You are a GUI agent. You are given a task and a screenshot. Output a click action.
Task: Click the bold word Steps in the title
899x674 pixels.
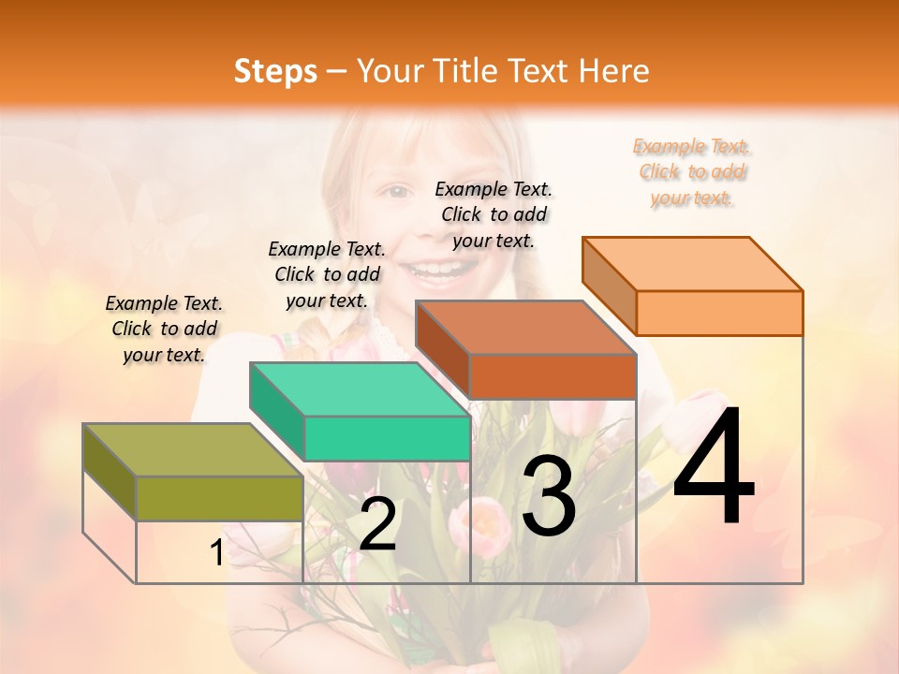click(275, 72)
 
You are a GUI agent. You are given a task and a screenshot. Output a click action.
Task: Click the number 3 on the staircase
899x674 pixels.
click(548, 495)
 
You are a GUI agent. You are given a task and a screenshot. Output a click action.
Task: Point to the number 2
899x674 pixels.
click(377, 524)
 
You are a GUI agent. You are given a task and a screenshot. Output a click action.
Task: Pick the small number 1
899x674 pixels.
click(216, 553)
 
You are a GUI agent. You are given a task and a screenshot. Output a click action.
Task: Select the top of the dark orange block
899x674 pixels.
click(524, 328)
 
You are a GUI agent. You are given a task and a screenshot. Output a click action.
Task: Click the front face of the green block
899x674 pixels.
click(387, 438)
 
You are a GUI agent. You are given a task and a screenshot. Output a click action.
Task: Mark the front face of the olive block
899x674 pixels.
click(219, 498)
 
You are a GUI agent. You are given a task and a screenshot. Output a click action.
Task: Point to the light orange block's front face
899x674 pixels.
click(719, 313)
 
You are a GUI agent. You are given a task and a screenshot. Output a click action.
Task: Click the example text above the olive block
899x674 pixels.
click(164, 329)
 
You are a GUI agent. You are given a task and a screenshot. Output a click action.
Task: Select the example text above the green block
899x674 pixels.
click(327, 274)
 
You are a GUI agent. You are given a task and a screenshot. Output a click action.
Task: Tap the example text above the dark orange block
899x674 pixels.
click(494, 214)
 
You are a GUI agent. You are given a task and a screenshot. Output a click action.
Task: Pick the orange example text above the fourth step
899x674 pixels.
click(692, 171)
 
